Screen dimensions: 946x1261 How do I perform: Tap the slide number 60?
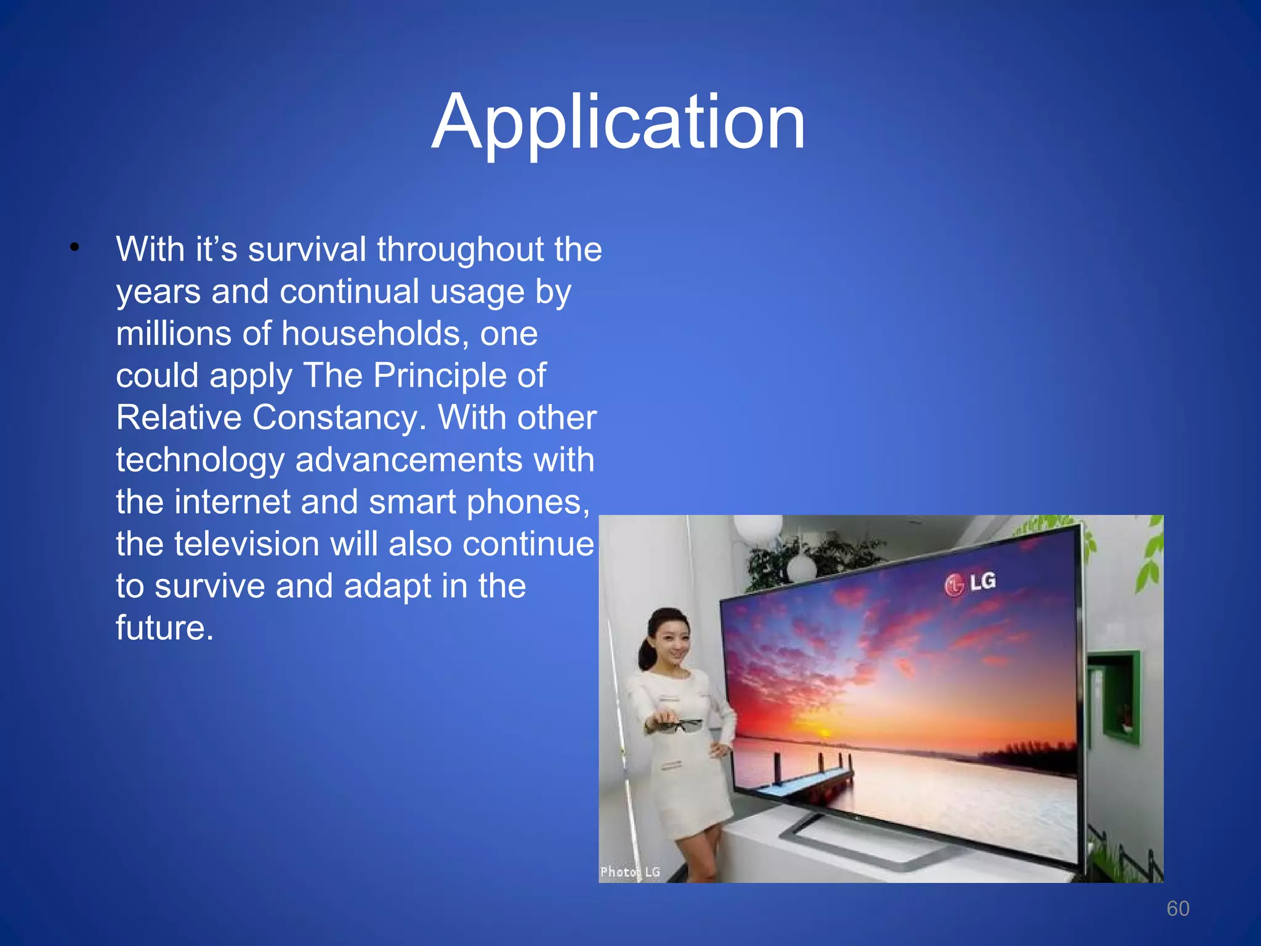1177,908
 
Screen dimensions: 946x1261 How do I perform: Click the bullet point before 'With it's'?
75,248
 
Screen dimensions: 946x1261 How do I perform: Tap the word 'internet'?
232,502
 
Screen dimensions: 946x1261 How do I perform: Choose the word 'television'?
246,544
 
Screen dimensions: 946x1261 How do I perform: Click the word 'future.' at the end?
164,628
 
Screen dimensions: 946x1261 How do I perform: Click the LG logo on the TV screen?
970,583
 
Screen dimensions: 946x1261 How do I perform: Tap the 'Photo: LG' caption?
629,871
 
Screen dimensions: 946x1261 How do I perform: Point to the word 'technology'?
201,460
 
